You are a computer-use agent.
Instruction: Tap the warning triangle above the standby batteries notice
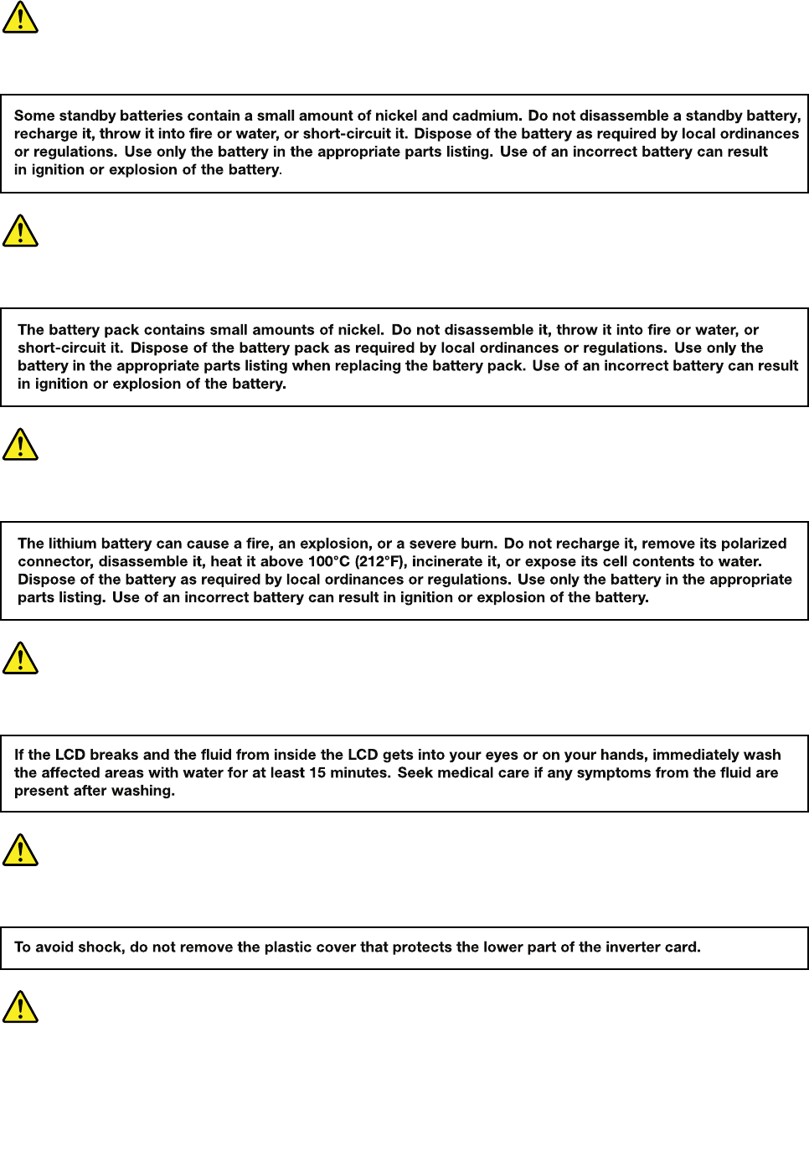20,17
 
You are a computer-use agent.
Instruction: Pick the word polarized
753,544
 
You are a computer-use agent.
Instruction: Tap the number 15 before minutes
317,772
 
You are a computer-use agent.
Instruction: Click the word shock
100,947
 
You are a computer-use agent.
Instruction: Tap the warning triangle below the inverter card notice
20,1007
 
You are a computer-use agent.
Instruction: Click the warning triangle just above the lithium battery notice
20,444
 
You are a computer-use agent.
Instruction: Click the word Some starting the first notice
34,116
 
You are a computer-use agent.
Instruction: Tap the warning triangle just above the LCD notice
20,658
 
